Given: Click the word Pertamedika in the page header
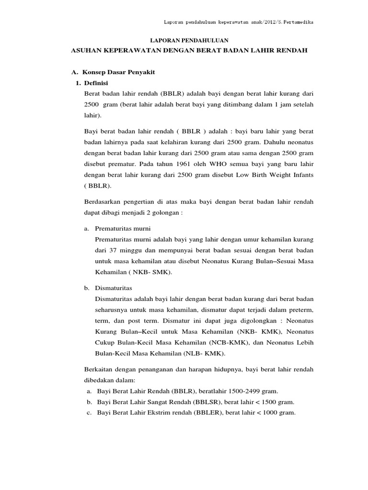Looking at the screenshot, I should [297, 22].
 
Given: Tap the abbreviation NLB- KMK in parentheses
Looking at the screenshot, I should [202, 354].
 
